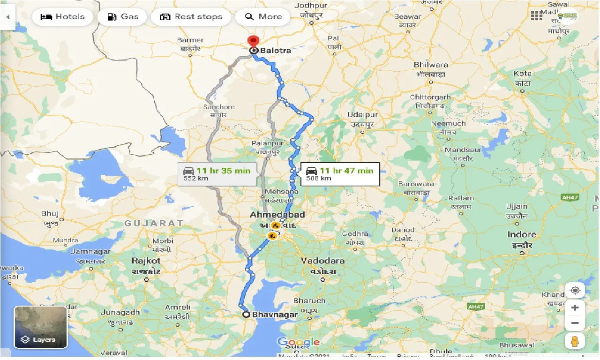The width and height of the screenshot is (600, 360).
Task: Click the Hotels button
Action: (x=62, y=17)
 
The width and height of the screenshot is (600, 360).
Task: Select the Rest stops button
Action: (x=191, y=17)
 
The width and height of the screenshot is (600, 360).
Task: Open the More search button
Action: (x=264, y=17)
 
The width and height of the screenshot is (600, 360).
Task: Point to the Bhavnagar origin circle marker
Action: (x=246, y=315)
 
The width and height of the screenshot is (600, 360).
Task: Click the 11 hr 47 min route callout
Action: (x=339, y=174)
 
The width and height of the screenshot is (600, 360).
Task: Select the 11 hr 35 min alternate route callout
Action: (x=217, y=174)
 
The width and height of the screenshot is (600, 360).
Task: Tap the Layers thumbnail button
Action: (x=41, y=327)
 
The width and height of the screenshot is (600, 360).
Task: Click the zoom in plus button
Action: (x=575, y=308)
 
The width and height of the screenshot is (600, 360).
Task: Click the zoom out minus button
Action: (x=575, y=323)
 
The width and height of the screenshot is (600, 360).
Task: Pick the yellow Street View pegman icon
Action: (x=575, y=341)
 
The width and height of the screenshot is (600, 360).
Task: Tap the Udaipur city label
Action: (x=362, y=115)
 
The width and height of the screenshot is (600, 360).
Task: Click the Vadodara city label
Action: (x=322, y=261)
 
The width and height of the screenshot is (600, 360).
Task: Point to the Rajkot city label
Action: (x=146, y=261)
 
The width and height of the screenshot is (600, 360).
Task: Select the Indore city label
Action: (x=522, y=234)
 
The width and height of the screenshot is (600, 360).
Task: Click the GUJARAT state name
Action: (x=153, y=224)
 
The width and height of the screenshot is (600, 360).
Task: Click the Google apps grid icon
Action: (x=537, y=16)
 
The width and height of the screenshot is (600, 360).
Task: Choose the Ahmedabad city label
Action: (x=277, y=215)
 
